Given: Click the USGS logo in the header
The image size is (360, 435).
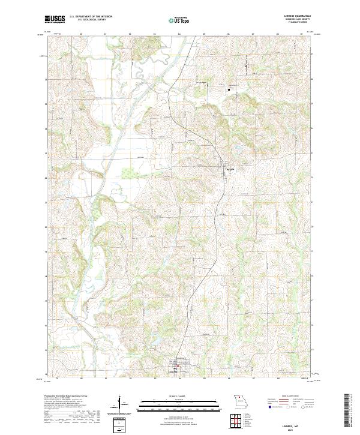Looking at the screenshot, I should pos(55,19).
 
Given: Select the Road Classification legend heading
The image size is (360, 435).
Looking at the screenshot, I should pos(285,397).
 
